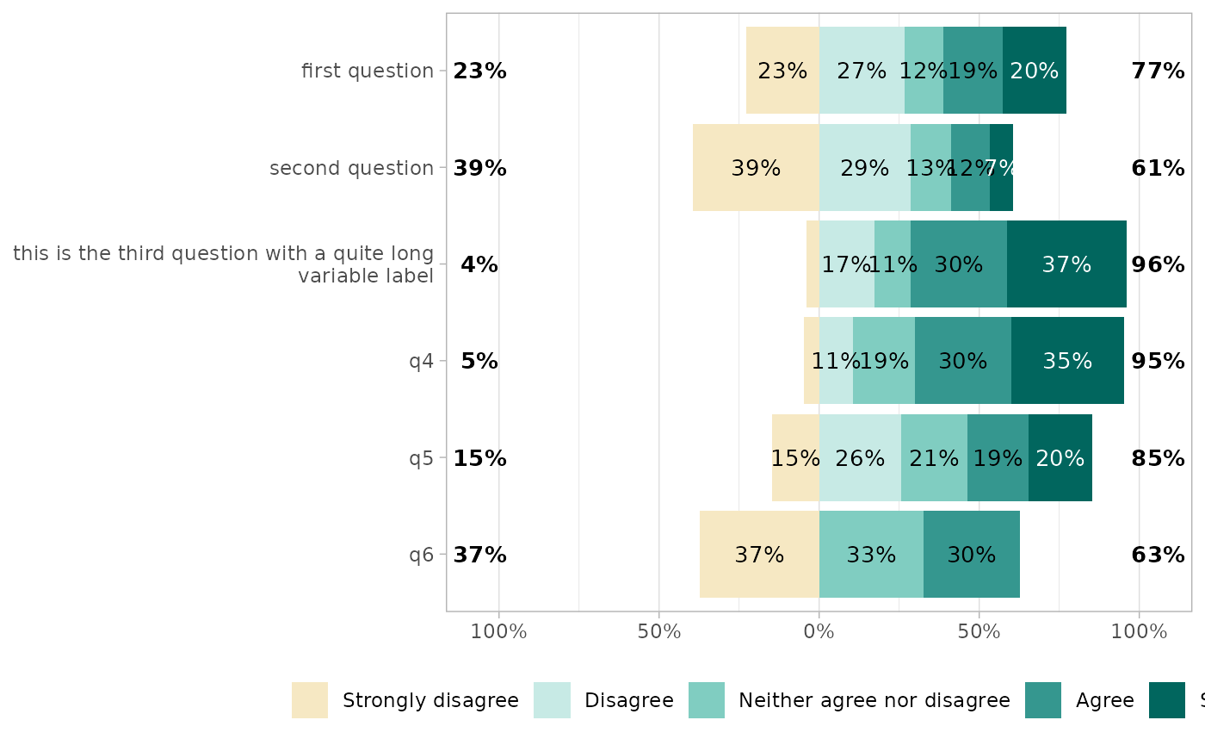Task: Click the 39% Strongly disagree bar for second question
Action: (756, 168)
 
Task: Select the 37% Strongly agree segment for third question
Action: (1066, 264)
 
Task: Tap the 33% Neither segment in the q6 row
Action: (871, 555)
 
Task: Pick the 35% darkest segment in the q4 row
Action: (1067, 361)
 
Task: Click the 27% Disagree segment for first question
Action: (862, 71)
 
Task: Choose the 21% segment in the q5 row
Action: (934, 458)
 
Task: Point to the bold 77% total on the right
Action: (1158, 71)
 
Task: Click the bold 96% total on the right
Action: (1158, 265)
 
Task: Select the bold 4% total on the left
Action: (479, 265)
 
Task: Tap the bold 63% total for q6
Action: (1158, 556)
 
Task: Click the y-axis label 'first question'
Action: (368, 71)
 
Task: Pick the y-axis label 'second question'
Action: (351, 169)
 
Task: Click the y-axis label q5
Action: (421, 458)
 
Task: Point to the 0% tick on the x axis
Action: (819, 632)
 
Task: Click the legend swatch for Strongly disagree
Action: (310, 700)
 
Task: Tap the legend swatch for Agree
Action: (1043, 700)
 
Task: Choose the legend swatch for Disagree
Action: (552, 700)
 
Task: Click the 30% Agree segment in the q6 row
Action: (972, 555)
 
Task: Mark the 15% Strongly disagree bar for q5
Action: (795, 458)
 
